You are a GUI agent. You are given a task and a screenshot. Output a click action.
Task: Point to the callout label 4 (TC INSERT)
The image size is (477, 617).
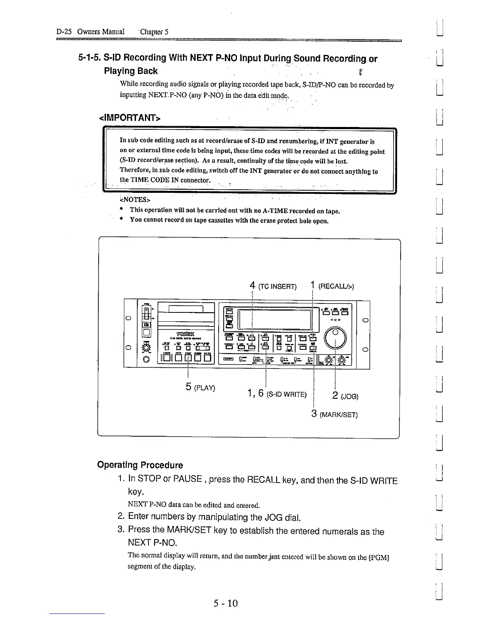(x=273, y=287)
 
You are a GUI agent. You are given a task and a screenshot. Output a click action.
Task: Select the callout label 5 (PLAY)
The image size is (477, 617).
(x=200, y=387)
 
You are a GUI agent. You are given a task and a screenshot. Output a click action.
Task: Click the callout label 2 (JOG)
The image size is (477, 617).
(x=345, y=397)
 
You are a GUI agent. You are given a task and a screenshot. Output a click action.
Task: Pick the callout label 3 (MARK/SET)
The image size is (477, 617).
(x=334, y=414)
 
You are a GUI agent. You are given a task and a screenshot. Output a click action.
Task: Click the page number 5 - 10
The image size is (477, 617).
(x=225, y=603)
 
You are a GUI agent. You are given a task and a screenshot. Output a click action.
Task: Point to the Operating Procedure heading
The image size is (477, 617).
(x=140, y=465)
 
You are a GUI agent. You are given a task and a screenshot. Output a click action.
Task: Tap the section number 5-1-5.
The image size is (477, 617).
(x=90, y=58)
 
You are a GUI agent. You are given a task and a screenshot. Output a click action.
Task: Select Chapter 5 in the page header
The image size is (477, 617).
(x=155, y=32)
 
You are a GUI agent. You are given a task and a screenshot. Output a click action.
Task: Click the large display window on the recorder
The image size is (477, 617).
(x=275, y=320)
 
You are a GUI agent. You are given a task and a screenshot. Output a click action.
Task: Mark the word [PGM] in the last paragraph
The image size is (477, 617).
(x=378, y=557)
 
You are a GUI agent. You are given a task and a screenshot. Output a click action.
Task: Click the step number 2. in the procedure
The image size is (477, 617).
(x=121, y=517)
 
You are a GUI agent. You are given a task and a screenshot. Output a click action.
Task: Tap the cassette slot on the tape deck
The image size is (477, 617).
(x=186, y=309)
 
